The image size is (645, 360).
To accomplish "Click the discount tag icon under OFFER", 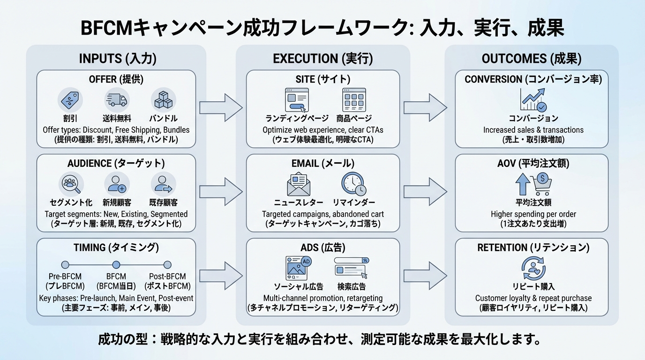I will [x=70, y=100].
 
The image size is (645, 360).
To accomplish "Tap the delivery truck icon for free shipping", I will [x=117, y=100].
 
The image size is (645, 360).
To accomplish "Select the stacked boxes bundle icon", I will [x=163, y=100].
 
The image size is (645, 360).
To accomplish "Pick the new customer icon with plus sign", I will [x=117, y=184].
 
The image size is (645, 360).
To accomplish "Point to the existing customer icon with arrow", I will [x=163, y=184].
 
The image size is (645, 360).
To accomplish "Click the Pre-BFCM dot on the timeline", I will [x=65, y=265].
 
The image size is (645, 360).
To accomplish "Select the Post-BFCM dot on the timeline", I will [x=167, y=265].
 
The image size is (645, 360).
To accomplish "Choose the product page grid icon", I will [x=354, y=100].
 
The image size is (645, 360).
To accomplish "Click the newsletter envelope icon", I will [x=299, y=184].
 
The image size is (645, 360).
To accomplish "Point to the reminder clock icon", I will [x=353, y=184].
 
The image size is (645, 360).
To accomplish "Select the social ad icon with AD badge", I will [x=299, y=268].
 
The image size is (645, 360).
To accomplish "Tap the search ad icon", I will [x=352, y=268].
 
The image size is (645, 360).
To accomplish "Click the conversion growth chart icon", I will [x=533, y=100].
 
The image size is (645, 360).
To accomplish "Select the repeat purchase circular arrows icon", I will [x=533, y=268].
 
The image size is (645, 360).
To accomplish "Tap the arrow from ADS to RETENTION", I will [x=425, y=275].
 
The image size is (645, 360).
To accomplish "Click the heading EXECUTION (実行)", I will [x=322, y=59].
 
